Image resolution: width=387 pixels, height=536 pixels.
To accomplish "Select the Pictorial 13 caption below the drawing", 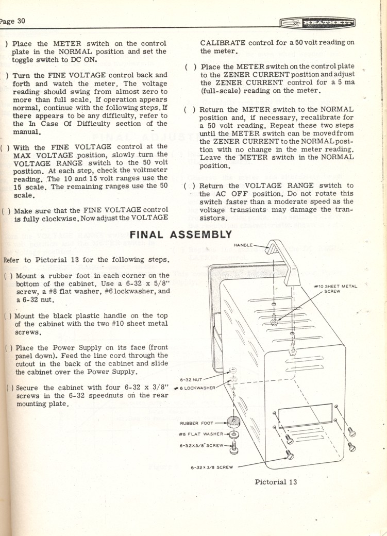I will [276, 482].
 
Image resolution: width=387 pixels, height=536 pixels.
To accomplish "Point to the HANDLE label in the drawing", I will [243, 245].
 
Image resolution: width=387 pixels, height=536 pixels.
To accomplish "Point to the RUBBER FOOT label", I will [196, 424].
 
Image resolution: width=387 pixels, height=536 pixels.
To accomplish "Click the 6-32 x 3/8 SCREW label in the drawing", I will [212, 467].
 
